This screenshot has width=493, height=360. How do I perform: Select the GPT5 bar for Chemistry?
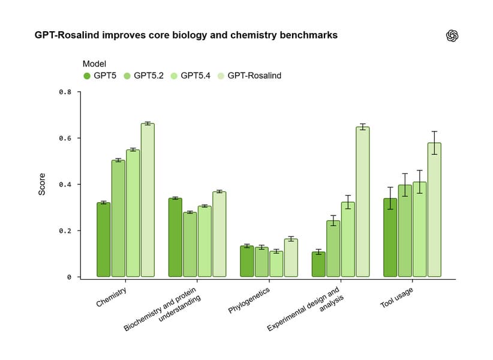coord(103,239)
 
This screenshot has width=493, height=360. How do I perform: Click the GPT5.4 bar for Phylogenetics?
coord(276,264)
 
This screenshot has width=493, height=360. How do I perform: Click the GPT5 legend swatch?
coord(87,76)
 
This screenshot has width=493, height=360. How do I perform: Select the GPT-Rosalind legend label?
coord(254,76)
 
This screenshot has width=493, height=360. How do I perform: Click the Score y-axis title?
coord(42,184)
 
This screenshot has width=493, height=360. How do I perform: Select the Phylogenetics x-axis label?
coord(249,301)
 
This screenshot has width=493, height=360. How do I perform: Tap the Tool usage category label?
coord(396,298)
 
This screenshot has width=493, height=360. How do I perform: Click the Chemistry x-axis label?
coord(115,297)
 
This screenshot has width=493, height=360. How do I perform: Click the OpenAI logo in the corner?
coord(452,36)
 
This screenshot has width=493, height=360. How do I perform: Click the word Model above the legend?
coord(95,64)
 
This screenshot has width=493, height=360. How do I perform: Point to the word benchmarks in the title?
coord(309,35)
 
